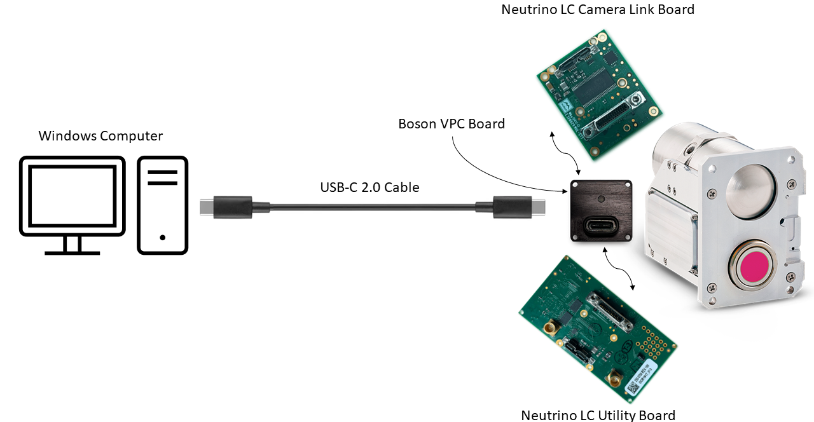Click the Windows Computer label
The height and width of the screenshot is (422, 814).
click(100, 136)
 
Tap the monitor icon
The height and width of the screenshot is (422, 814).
click(72, 197)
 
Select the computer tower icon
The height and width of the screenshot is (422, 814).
click(163, 205)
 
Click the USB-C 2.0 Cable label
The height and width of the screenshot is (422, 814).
click(369, 187)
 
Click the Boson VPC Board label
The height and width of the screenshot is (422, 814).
click(452, 123)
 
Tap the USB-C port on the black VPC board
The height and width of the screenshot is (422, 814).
click(602, 226)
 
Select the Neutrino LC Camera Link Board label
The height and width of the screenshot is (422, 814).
click(598, 10)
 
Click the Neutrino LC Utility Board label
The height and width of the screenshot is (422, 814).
click(598, 415)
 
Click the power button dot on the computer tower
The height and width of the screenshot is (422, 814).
click(163, 237)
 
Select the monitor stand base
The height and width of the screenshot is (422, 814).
click(72, 252)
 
